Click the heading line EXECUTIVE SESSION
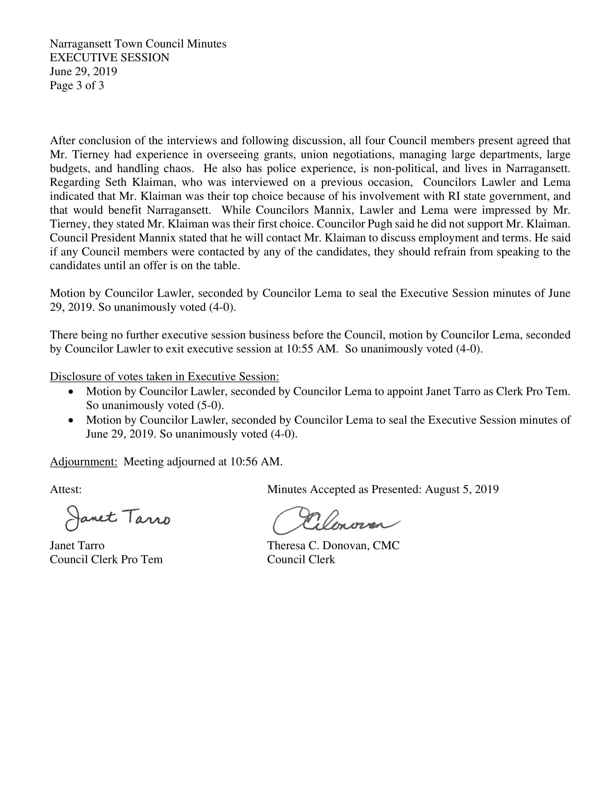[109, 58]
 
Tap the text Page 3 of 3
[76, 85]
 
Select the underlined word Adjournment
[84, 462]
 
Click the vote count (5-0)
[210, 405]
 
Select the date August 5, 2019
[462, 489]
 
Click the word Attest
[66, 489]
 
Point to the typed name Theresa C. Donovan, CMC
[333, 546]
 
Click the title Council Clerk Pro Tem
[106, 559]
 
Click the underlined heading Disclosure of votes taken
[164, 377]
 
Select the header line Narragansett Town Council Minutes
[138, 44]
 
